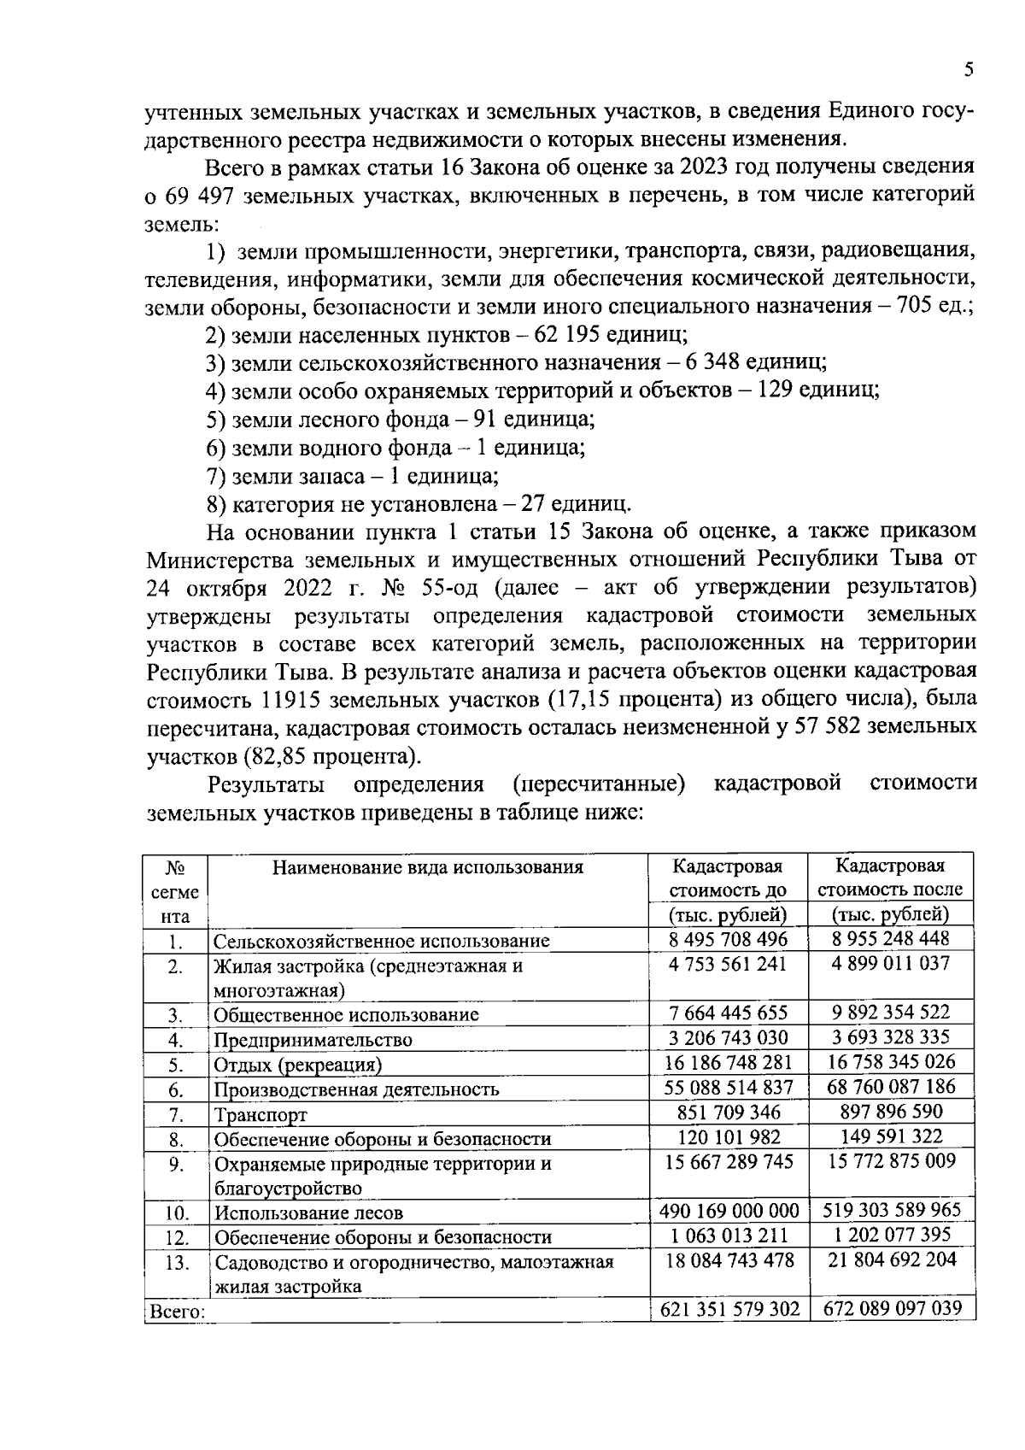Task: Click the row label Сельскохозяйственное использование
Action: point(381,942)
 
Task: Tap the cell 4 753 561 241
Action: point(729,964)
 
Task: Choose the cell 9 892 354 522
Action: point(891,1013)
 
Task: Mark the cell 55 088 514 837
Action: point(729,1088)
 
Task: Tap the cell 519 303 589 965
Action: point(891,1211)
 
